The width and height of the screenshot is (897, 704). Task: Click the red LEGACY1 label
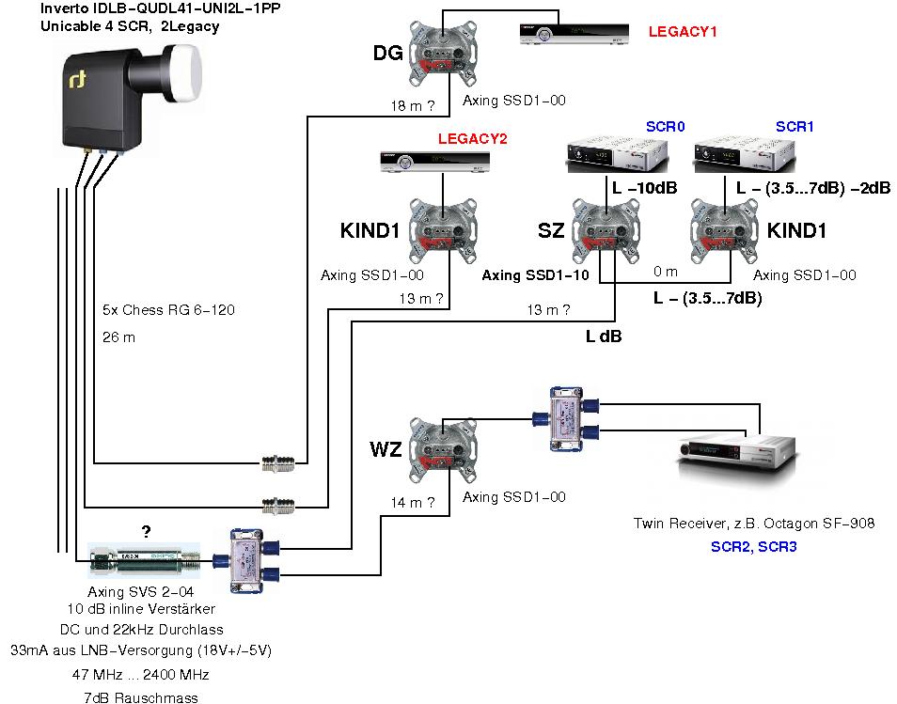click(683, 32)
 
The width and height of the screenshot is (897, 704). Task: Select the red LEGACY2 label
click(472, 139)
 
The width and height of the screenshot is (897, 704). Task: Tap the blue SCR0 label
click(666, 126)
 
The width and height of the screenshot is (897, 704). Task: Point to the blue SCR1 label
click(795, 126)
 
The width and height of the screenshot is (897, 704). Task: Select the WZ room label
click(386, 450)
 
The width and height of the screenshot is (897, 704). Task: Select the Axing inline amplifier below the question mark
click(146, 562)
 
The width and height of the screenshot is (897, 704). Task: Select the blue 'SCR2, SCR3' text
click(753, 545)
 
